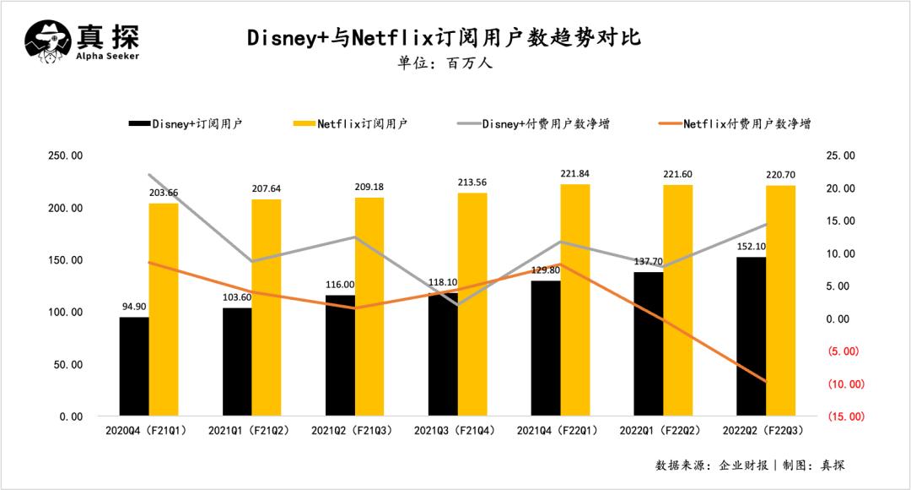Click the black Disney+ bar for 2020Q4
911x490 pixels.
click(x=134, y=367)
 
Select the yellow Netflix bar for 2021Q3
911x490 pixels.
click(x=472, y=304)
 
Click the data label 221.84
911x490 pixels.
click(x=575, y=174)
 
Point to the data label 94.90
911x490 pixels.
click(x=134, y=307)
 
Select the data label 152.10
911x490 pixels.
click(x=751, y=247)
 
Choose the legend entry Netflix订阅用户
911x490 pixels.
click(x=349, y=123)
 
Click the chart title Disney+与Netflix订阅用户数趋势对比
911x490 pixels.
click(x=444, y=38)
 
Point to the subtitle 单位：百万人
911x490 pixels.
click(x=444, y=64)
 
